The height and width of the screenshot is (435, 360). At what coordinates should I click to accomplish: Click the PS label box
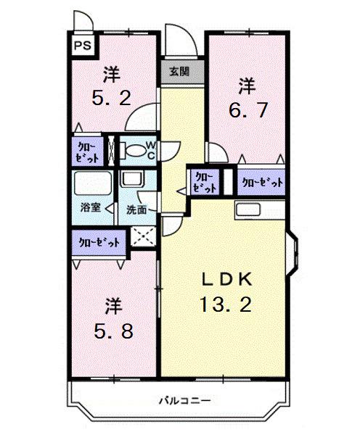click(82, 45)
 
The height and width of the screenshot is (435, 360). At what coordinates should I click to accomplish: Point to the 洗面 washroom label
click(136, 210)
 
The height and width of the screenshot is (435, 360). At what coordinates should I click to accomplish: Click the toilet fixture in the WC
click(135, 151)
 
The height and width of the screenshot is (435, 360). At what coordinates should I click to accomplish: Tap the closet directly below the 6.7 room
click(261, 182)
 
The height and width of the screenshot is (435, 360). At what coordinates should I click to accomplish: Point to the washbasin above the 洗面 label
click(133, 181)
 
